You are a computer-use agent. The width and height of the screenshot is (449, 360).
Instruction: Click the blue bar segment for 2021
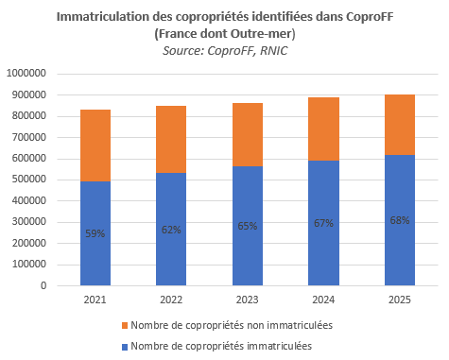[95, 233]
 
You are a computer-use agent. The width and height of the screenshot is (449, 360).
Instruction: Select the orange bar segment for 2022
[171, 140]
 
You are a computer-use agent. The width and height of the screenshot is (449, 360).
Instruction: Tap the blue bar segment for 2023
[248, 226]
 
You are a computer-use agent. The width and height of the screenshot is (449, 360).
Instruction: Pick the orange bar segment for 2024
[323, 129]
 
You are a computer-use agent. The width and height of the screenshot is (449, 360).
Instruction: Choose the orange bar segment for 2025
[400, 125]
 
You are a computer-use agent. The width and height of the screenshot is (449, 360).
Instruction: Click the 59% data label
[95, 233]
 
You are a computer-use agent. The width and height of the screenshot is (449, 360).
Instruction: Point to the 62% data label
[171, 230]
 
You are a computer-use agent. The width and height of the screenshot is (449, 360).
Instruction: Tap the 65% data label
[248, 226]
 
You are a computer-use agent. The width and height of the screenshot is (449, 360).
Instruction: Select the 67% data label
[323, 223]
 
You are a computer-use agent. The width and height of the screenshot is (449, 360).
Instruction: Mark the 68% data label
[400, 220]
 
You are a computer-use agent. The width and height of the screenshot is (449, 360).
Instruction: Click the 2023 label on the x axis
[248, 300]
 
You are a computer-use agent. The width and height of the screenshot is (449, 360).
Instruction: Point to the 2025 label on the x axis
[400, 300]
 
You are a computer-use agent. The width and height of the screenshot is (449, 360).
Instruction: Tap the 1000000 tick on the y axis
[26, 74]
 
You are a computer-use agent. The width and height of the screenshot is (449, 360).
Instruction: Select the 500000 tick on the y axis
[29, 180]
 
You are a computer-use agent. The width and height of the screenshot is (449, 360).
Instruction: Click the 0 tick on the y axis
[43, 285]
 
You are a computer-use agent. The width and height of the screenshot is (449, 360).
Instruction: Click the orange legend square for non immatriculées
[125, 326]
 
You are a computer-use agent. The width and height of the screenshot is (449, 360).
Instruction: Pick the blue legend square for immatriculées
[125, 347]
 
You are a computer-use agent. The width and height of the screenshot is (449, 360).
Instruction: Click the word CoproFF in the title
[370, 17]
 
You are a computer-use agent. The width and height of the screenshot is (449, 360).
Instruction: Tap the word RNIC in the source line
[274, 51]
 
